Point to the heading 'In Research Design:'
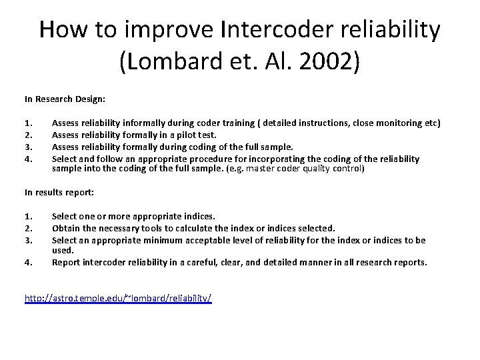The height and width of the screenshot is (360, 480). click(65, 99)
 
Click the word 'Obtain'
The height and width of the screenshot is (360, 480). click(66, 228)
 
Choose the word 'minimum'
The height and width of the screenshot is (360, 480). click(175, 239)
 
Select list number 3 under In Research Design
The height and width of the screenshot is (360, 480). click(28, 147)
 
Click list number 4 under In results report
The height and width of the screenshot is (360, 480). click(28, 262)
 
